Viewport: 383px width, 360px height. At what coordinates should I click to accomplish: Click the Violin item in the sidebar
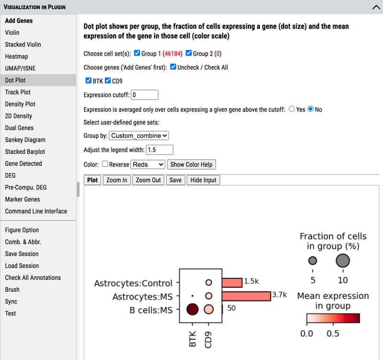[x=12, y=33]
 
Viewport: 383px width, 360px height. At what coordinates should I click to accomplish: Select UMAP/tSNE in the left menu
[x=20, y=69]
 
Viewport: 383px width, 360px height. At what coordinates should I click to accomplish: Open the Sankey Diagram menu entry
[x=25, y=140]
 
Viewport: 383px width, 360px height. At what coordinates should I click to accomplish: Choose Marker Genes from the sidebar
[x=23, y=199]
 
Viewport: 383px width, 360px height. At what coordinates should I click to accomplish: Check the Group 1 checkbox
[x=137, y=53]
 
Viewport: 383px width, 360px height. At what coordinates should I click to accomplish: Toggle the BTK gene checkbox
[x=89, y=81]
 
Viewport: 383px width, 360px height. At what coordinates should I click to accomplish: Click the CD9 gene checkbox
[x=108, y=81]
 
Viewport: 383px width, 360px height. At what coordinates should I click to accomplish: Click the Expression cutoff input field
[x=145, y=95]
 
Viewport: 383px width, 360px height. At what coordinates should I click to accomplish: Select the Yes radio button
[x=292, y=109]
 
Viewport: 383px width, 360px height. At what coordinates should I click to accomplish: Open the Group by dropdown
[x=139, y=136]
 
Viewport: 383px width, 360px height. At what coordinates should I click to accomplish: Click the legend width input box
[x=159, y=150]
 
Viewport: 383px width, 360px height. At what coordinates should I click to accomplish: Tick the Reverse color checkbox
[x=105, y=164]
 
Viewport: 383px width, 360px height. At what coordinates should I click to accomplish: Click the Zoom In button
[x=117, y=180]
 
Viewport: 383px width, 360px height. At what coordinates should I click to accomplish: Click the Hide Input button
[x=203, y=180]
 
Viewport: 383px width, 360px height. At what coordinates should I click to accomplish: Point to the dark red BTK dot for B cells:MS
[x=192, y=309]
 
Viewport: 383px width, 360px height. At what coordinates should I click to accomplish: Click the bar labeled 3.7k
[x=246, y=296]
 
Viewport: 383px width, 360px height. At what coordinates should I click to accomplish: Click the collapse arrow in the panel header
[x=376, y=7]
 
